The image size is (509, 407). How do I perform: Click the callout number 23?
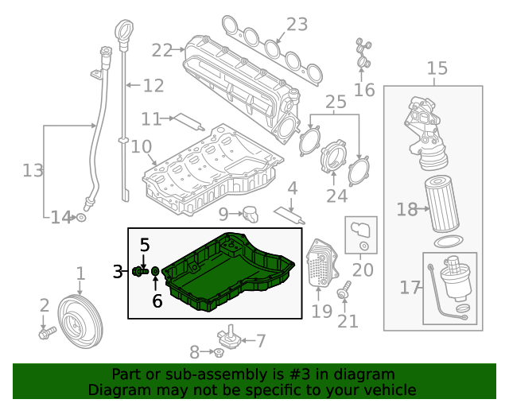pos(297,25)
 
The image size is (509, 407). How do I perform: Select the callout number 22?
pos(161,50)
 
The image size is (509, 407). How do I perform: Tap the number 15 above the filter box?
pos(437,69)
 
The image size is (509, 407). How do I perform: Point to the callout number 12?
pos(153,85)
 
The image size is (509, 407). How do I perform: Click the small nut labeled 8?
pos(217,353)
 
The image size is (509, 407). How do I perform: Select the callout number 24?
pos(337,196)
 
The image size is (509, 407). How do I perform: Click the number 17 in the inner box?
pos(410,287)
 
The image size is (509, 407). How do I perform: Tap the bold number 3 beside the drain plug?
pos(117,272)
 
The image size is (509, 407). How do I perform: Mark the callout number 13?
pos(33,170)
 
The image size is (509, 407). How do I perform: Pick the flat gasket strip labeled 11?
pos(189,122)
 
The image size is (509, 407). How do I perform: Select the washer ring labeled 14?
pos(81,216)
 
